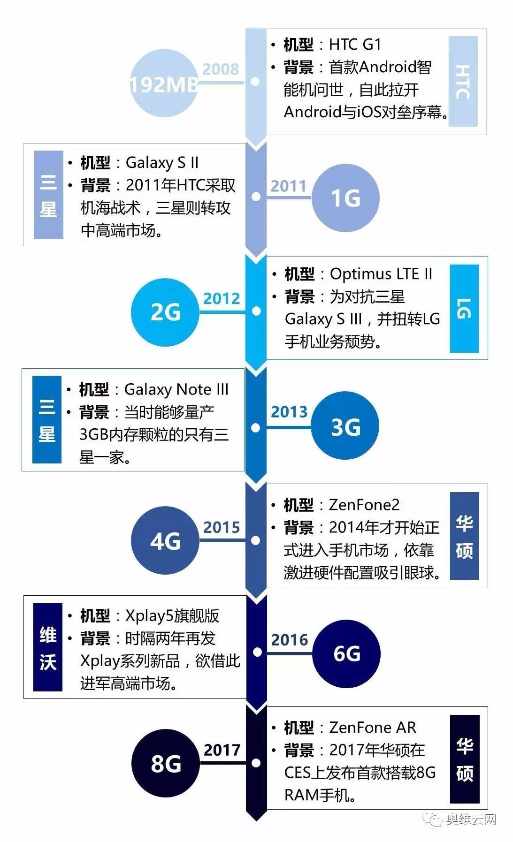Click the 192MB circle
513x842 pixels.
click(163, 83)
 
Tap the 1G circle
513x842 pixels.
click(345, 197)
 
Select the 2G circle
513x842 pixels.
click(165, 312)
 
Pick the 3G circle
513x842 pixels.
click(345, 426)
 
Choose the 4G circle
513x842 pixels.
click(165, 540)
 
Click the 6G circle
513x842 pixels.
click(346, 653)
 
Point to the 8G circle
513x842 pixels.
click(166, 763)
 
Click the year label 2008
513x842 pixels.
click(221, 69)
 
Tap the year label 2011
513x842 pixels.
click(288, 186)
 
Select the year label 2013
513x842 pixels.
click(289, 412)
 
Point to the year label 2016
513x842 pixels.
click(290, 639)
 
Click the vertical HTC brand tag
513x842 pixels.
click(463, 82)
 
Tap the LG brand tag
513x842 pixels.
click(464, 308)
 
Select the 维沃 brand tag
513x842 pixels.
click(48, 647)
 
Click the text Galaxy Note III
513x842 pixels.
click(176, 389)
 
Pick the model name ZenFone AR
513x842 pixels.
click(373, 728)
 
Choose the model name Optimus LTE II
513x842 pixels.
click(381, 273)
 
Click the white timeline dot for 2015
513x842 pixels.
click(256, 540)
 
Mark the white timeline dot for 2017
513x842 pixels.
click(256, 763)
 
